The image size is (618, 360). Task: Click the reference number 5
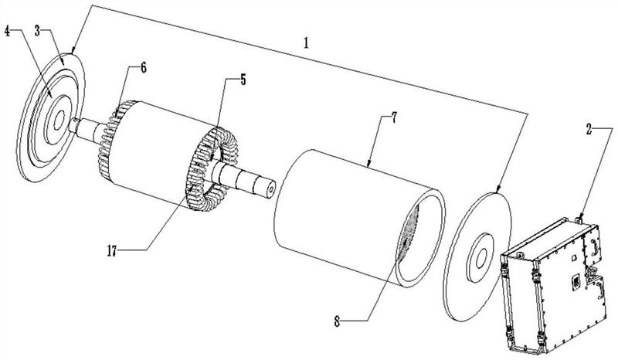point(242,80)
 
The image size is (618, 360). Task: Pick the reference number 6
point(143,69)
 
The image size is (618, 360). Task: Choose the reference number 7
point(393,119)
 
